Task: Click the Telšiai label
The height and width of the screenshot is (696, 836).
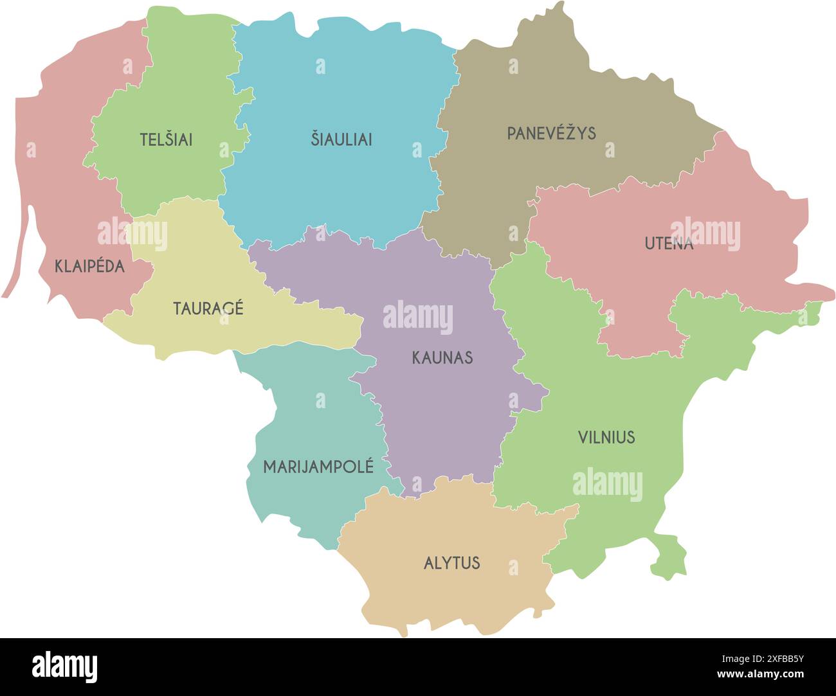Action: [x=166, y=139]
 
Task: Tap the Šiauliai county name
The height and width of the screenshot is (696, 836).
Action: [x=341, y=139]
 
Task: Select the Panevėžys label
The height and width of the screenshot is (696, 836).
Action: [x=551, y=134]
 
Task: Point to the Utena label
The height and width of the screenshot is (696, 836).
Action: [x=669, y=244]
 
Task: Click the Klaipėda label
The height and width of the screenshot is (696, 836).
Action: [x=89, y=266]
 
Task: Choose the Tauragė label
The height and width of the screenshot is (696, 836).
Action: [x=208, y=308]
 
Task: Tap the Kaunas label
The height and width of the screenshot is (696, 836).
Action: [x=442, y=357]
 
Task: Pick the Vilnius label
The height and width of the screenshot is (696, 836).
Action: [x=606, y=438]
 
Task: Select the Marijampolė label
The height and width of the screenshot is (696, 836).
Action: [x=318, y=467]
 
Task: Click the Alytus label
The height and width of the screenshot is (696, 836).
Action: [x=451, y=563]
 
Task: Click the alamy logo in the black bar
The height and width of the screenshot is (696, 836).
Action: [x=64, y=667]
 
